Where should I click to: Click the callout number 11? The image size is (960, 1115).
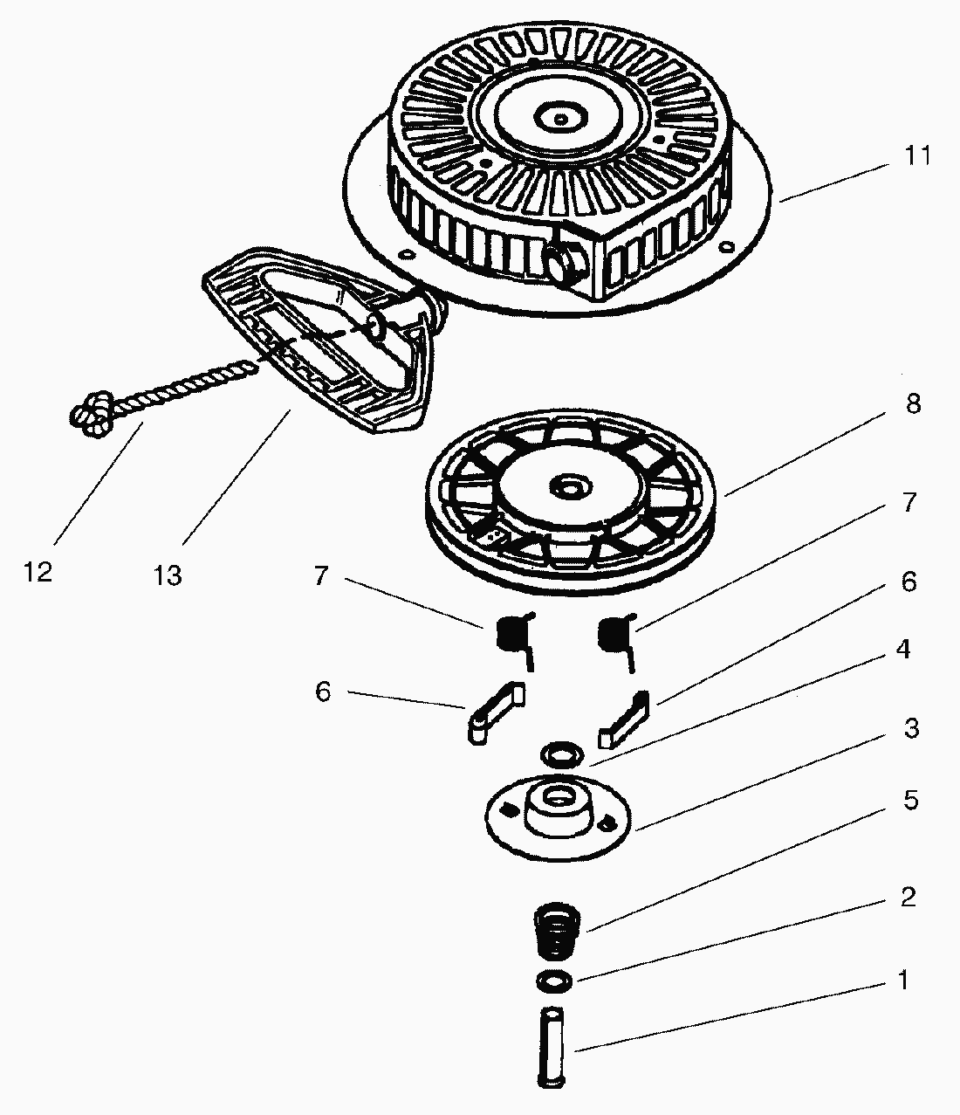point(916,157)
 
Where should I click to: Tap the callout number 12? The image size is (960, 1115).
point(38,573)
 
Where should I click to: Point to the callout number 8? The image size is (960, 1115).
point(913,405)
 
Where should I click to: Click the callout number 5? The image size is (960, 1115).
point(910,801)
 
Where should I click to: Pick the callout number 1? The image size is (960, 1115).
point(904,981)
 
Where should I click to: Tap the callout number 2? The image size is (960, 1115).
point(908,897)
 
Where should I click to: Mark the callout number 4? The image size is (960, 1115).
point(902,650)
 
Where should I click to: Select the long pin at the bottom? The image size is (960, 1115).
point(552,1048)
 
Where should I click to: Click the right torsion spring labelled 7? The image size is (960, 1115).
point(615,635)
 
